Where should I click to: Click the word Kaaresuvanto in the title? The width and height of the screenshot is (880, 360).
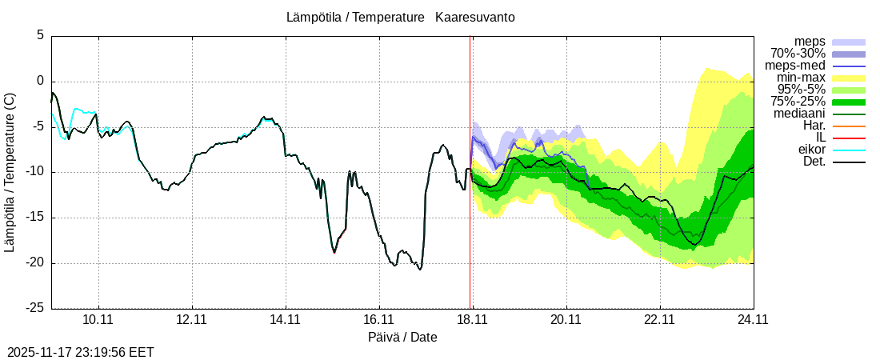475,17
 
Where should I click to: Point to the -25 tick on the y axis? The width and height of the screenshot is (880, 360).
36,308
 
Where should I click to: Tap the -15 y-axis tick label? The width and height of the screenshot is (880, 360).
36,218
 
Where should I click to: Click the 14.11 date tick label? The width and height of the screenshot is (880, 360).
285,319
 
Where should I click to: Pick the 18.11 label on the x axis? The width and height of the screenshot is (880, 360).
472,319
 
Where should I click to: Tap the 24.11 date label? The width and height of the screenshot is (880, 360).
753,319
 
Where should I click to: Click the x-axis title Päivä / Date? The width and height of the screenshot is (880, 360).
402,337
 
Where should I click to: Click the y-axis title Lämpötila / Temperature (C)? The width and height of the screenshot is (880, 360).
10,172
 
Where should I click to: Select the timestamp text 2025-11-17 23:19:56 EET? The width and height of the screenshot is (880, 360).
81,352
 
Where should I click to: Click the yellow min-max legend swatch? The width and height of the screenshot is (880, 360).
849,78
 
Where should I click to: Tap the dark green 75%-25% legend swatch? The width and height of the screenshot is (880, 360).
849,102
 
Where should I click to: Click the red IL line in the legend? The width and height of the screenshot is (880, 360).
849,138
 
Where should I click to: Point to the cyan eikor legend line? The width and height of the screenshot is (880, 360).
849,150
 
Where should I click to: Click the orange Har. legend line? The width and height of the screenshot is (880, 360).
849,126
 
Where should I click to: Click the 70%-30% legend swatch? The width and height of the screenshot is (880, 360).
849,54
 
